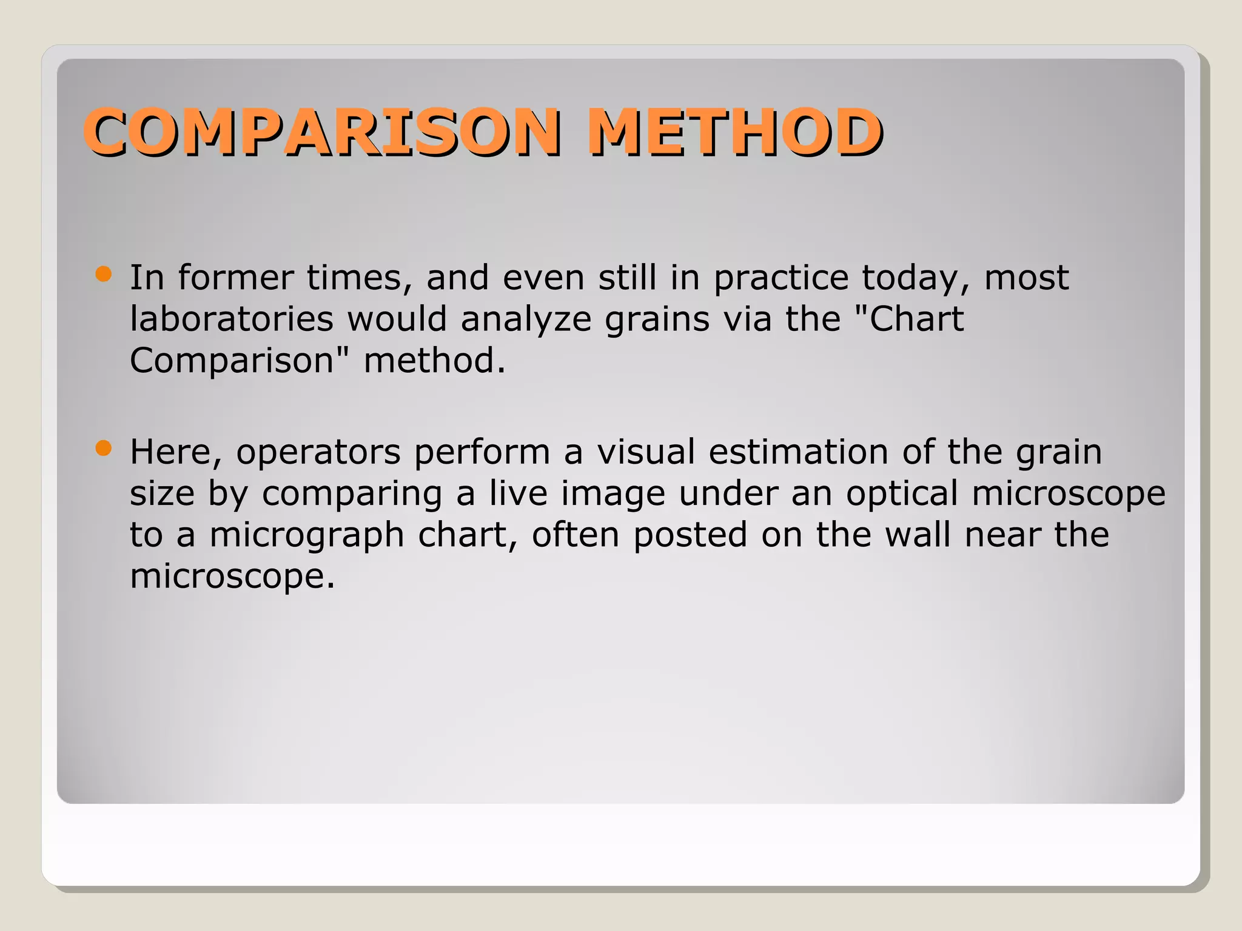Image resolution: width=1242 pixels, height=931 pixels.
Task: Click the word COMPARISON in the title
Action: [321, 132]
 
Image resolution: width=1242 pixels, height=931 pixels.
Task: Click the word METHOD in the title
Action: [734, 132]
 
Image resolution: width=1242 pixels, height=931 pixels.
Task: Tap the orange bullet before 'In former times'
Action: [104, 274]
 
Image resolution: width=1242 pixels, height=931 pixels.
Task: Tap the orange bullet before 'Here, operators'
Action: [104, 449]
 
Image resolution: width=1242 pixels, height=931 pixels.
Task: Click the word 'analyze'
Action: [526, 320]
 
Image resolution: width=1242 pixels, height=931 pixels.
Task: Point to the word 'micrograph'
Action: [307, 536]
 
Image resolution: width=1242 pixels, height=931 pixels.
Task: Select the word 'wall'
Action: [918, 535]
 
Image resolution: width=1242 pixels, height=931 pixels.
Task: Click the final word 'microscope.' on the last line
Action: [232, 576]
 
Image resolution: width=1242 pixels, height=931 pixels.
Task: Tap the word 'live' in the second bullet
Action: [518, 493]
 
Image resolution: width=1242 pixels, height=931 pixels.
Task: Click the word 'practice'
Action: [781, 279]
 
